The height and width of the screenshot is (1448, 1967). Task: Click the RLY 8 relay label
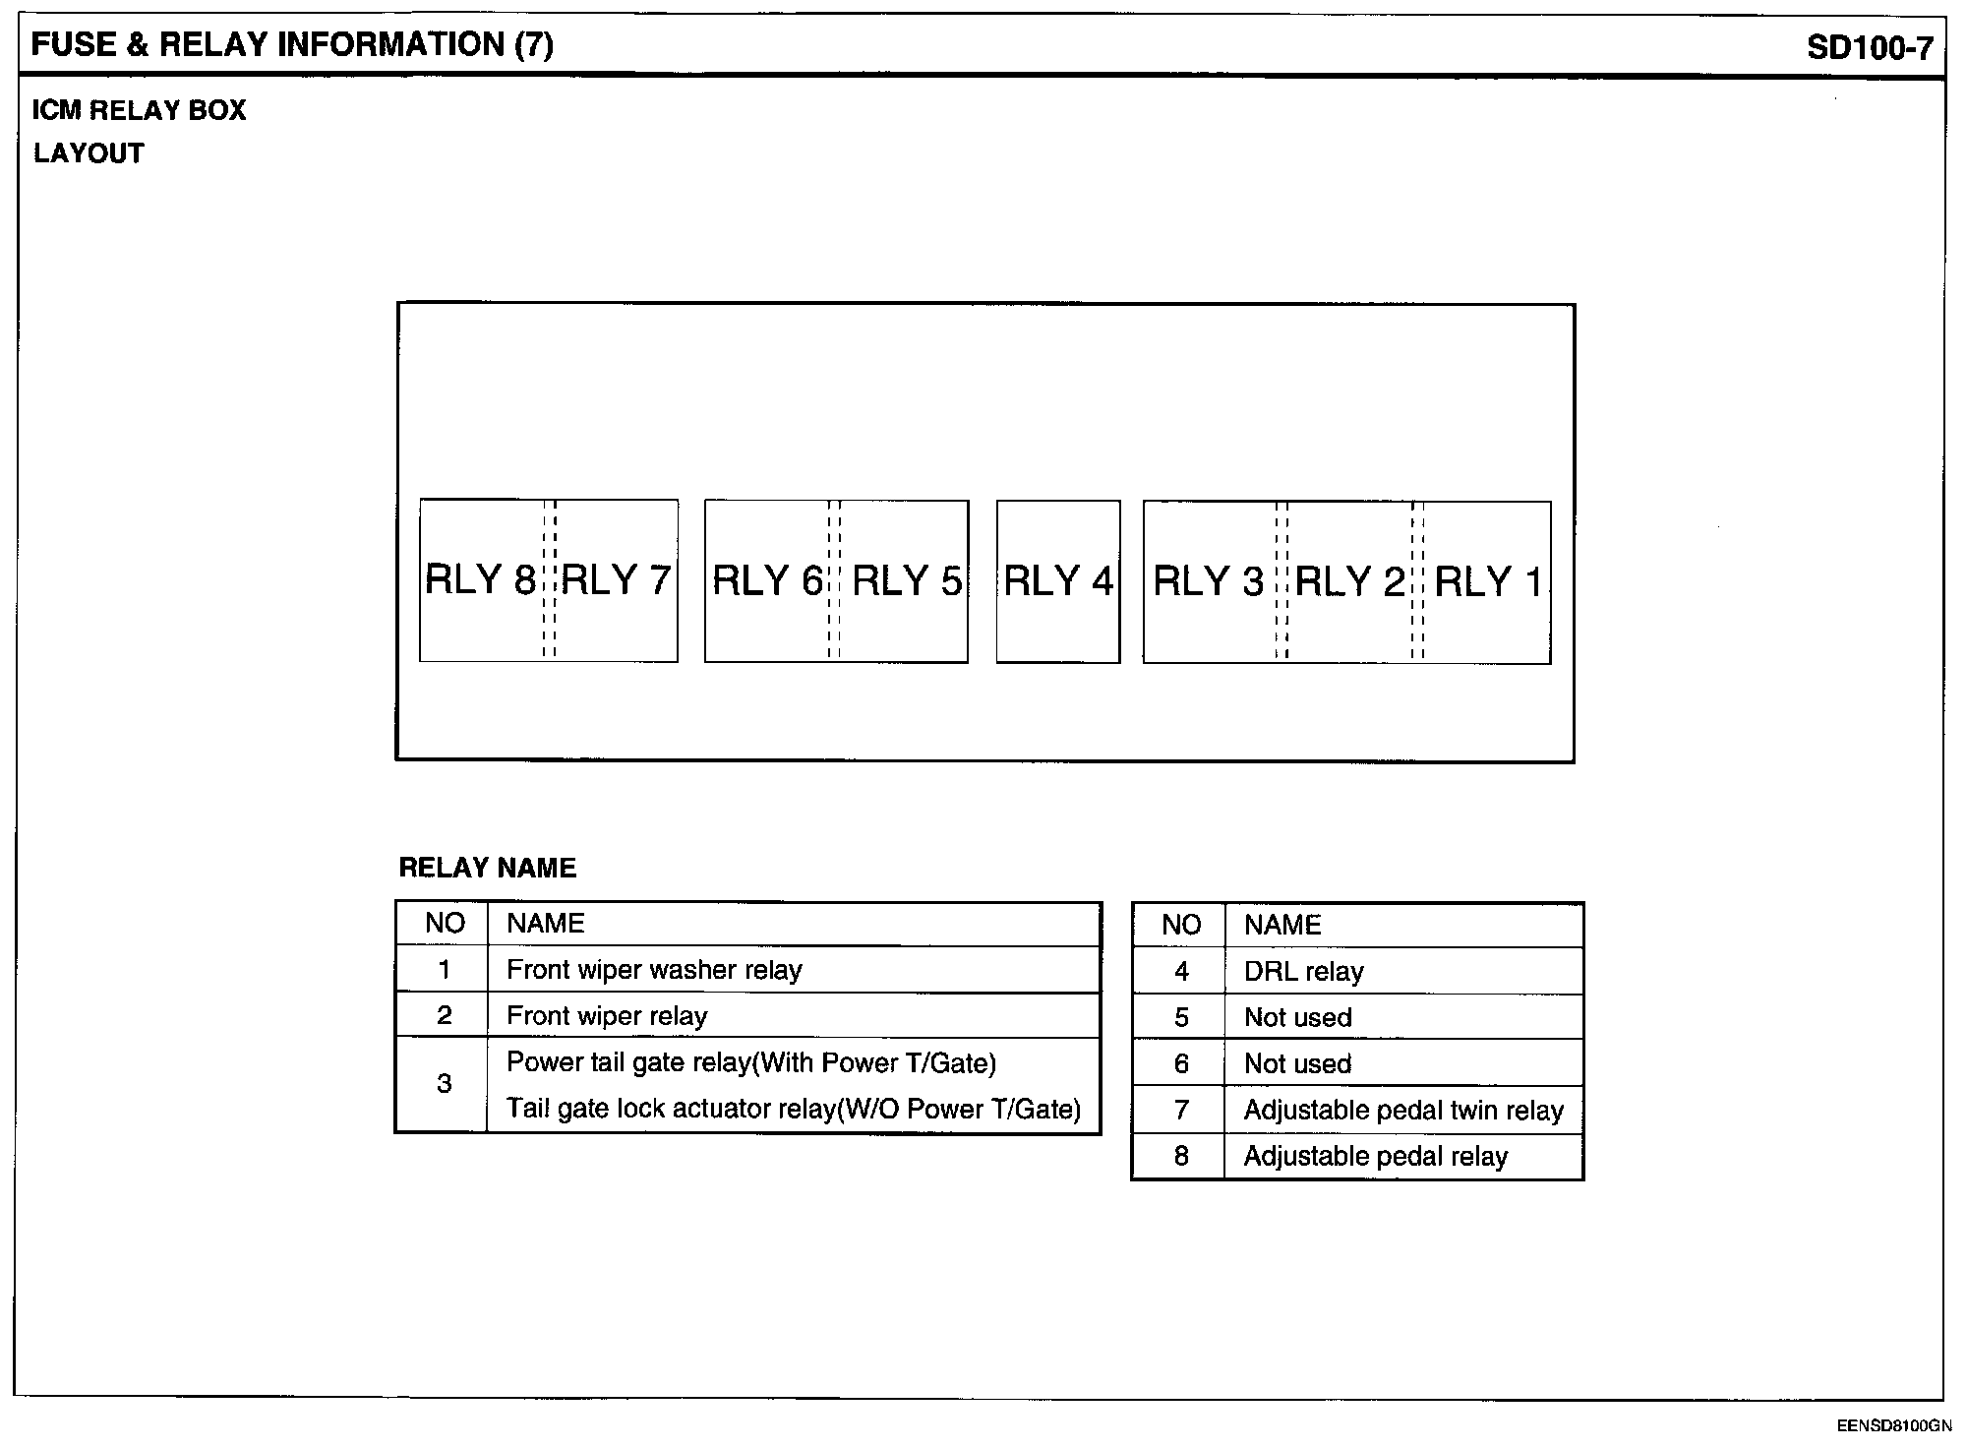(480, 580)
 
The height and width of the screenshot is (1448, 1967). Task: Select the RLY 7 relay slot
(617, 580)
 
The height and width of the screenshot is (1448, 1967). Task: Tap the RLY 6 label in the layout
(767, 581)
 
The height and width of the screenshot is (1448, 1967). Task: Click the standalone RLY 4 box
(1058, 581)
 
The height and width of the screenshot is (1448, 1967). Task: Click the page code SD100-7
(1870, 48)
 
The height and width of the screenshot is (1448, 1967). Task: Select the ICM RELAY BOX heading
(139, 110)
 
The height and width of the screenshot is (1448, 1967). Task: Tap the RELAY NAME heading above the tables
(487, 868)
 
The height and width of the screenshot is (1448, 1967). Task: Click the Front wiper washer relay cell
(654, 970)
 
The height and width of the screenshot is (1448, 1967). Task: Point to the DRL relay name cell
(1303, 972)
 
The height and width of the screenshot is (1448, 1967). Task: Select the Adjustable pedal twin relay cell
(1403, 1111)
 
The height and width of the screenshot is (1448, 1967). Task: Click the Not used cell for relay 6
(1297, 1064)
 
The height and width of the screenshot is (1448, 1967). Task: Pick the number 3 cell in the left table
(444, 1084)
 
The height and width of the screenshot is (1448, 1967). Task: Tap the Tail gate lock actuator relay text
(793, 1110)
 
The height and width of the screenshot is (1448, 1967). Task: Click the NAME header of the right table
(1282, 925)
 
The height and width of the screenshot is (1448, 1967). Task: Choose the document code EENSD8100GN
(1893, 1425)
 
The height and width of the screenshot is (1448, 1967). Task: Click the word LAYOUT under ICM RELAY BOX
(89, 153)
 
